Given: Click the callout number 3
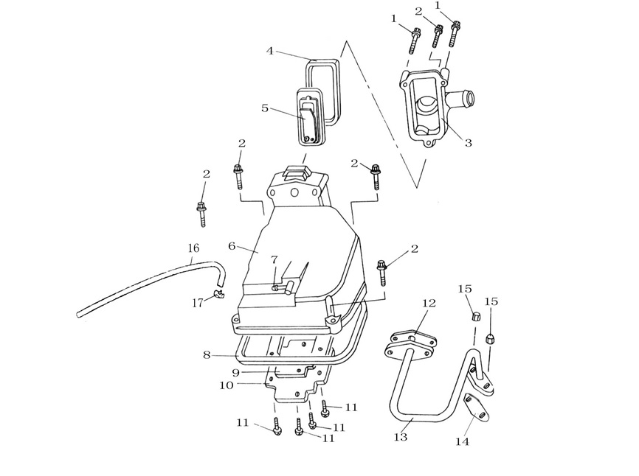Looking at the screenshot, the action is click(469, 143).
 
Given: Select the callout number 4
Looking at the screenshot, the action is click(270, 52).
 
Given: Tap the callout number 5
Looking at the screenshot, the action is click(265, 108).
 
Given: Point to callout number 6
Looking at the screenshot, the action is click(232, 246).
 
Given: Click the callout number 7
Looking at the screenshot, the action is click(274, 259).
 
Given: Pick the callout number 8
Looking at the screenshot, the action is click(207, 355).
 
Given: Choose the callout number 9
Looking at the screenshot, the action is click(236, 372).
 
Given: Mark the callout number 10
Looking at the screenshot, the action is click(227, 385).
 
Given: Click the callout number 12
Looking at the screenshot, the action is click(429, 303).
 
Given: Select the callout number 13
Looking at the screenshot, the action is click(401, 437).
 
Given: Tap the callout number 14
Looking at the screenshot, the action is click(462, 441).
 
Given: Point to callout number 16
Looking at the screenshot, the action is click(193, 248).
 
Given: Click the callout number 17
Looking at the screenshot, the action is click(198, 303).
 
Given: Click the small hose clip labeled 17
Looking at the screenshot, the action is click(219, 294).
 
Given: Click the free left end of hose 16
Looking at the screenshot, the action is click(78, 315).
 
